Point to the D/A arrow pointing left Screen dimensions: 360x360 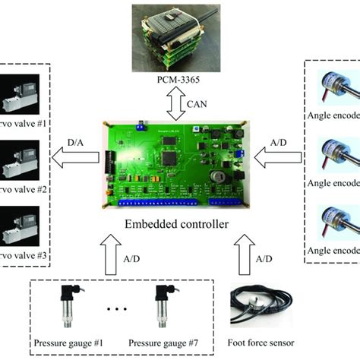pyautogui.click(x=73, y=158)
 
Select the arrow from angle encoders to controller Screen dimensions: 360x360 pyautogui.click(x=279, y=158)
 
